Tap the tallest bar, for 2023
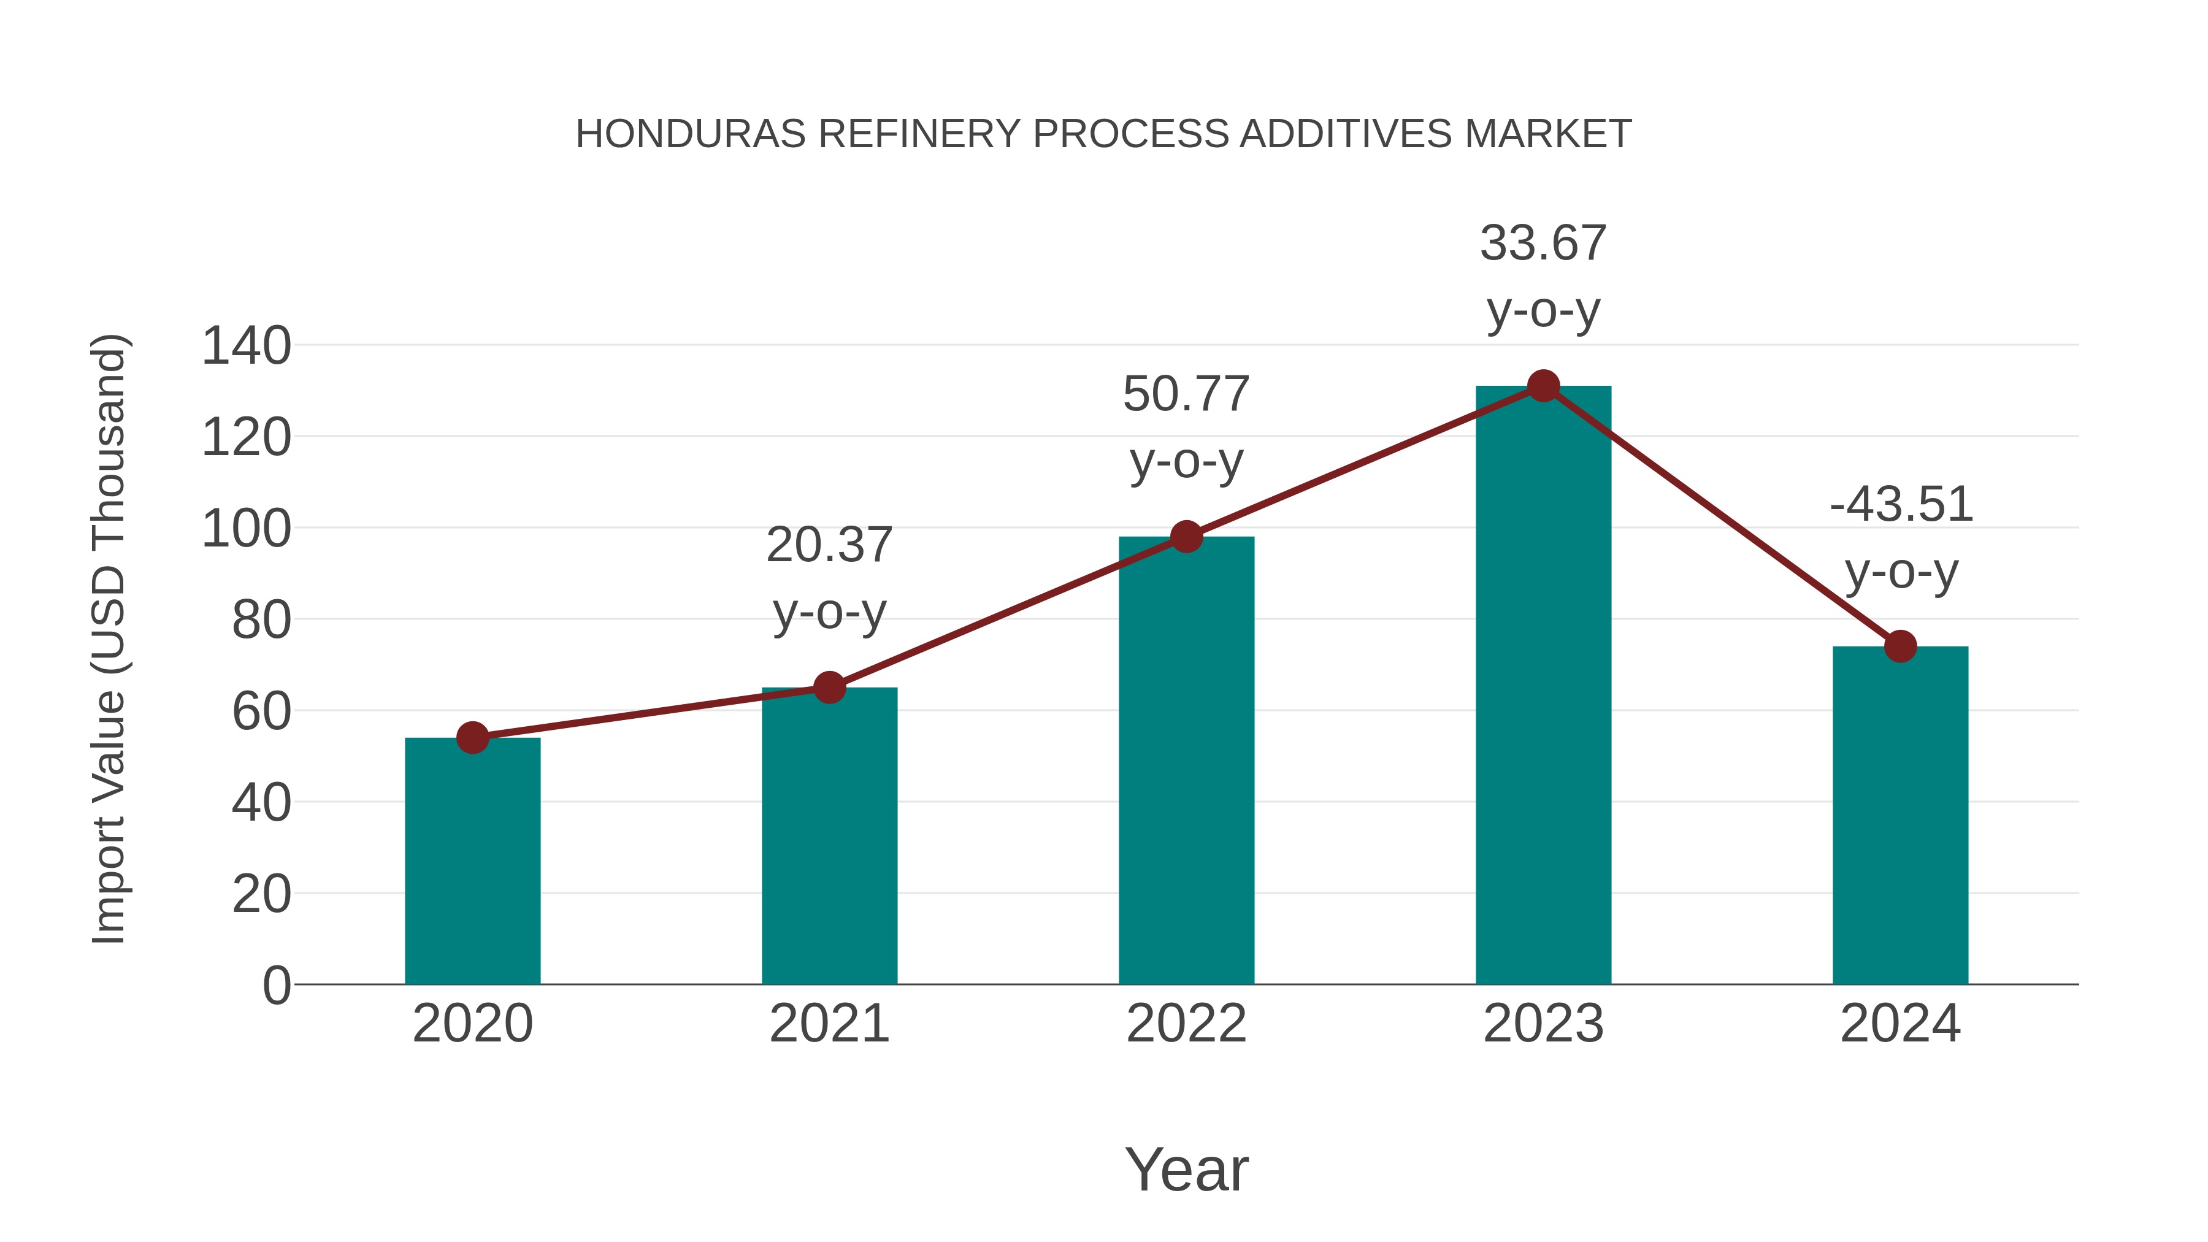1543,686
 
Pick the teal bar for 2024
1900,815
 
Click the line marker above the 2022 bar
1186,537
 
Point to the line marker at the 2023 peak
1543,386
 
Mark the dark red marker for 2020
472,737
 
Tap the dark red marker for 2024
1900,646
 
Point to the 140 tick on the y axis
246,347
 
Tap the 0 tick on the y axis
276,985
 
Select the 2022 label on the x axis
1186,1024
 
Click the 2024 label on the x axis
1900,1024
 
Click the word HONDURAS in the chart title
690,134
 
